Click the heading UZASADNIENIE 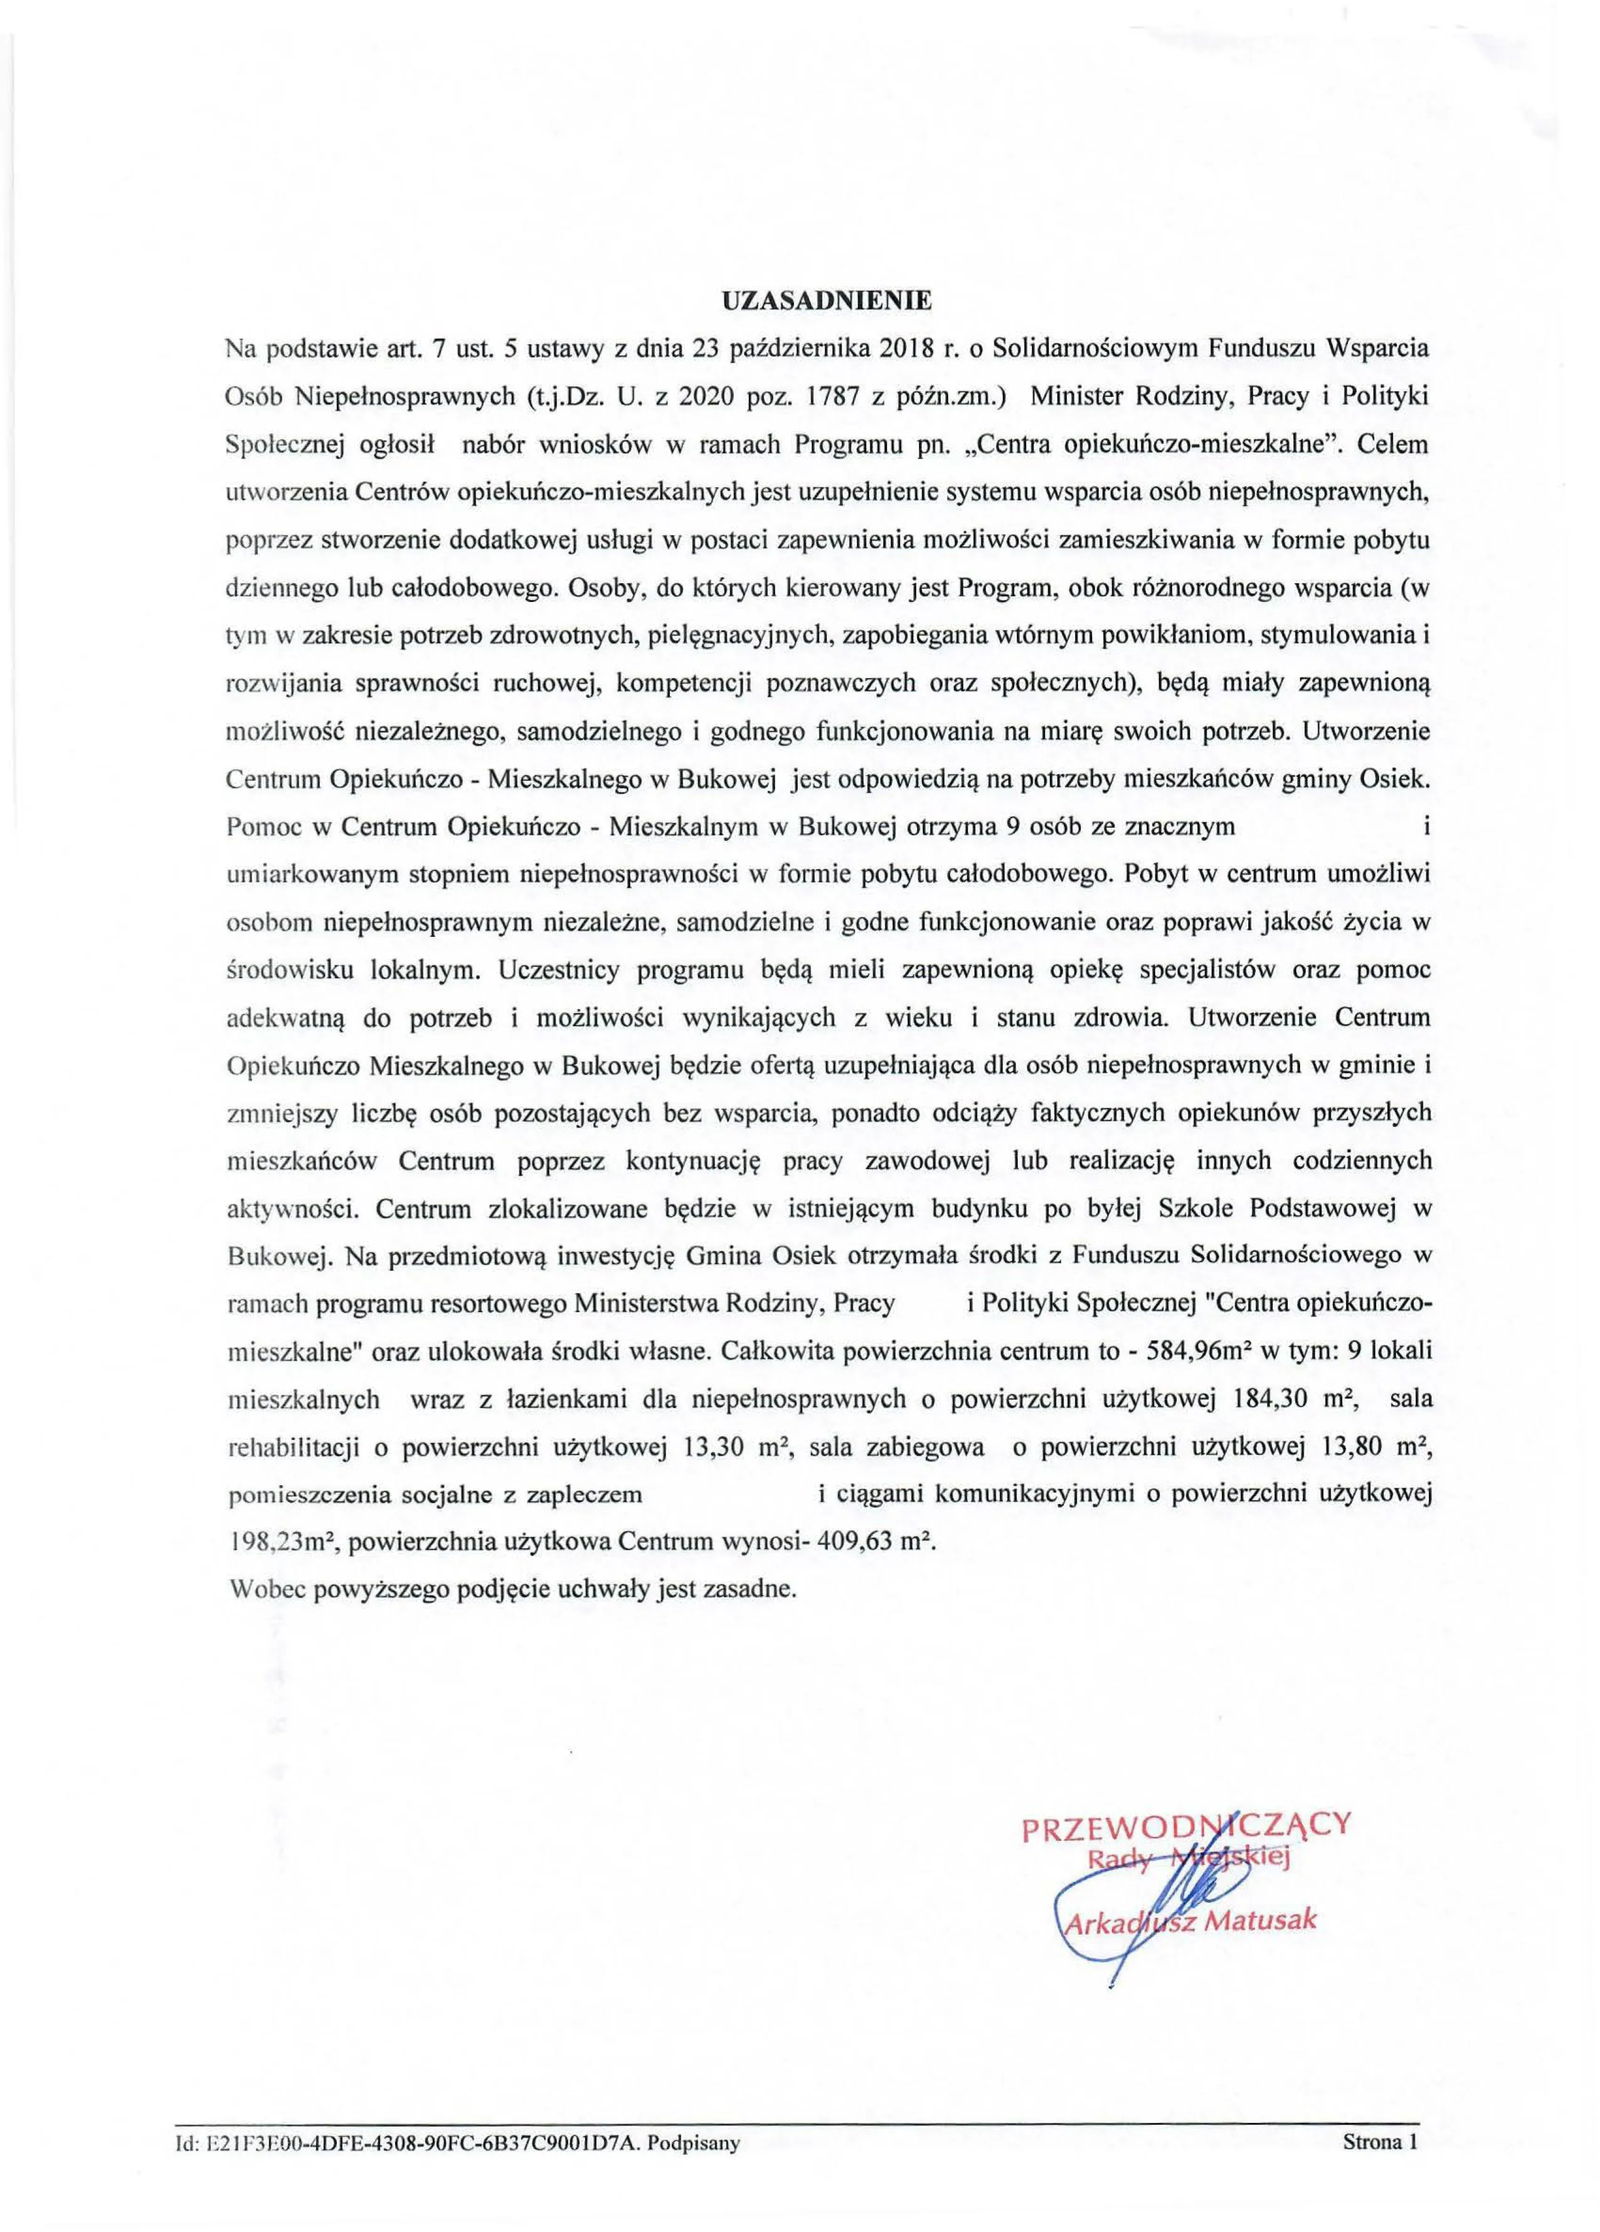tap(825, 301)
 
